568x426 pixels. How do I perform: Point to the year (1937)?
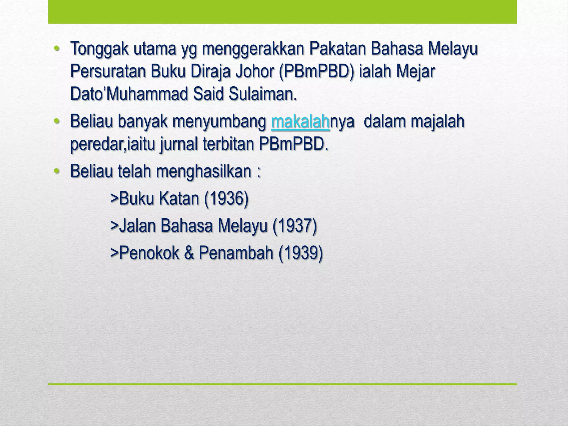pos(295,226)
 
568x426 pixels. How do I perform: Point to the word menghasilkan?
pos(204,171)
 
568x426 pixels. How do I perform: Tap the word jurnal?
pos(179,144)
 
